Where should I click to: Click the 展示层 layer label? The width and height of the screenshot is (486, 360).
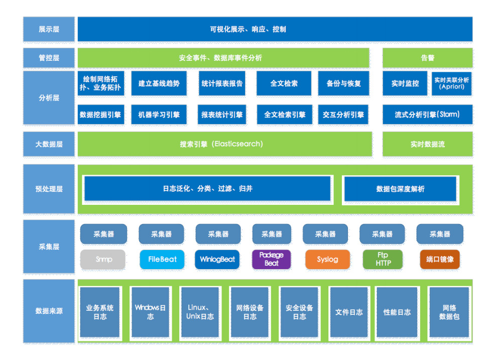tap(49, 29)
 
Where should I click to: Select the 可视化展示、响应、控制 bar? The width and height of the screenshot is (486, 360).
tap(275, 29)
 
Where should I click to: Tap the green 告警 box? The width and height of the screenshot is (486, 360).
tap(427, 58)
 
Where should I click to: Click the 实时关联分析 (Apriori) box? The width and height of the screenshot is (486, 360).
tap(451, 83)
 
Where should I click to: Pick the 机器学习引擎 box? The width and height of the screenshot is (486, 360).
tap(159, 114)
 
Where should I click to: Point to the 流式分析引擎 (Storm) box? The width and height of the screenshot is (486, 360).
tap(427, 114)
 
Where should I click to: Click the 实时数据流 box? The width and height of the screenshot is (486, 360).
tap(427, 144)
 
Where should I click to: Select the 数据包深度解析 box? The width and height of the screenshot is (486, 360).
tap(400, 189)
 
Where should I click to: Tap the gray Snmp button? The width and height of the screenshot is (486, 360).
tap(103, 260)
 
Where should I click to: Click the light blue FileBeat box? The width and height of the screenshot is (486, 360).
tap(162, 260)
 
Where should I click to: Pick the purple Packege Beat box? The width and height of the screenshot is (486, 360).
tap(271, 260)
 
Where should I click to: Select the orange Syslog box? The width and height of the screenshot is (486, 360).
tap(327, 260)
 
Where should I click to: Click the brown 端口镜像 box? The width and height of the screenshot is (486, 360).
tap(440, 260)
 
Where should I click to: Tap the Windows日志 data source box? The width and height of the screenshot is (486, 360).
tap(150, 312)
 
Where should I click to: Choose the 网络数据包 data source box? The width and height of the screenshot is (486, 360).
tap(449, 312)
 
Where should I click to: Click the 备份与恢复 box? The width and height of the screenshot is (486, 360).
tap(343, 83)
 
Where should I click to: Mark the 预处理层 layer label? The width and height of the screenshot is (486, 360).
tap(49, 189)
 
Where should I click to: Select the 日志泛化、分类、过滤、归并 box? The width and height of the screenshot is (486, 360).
tap(207, 189)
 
